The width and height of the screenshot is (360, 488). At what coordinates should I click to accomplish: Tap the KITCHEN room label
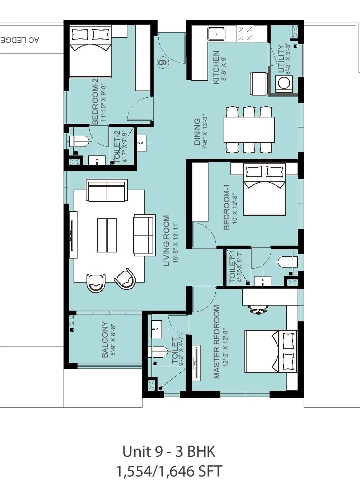click(216, 68)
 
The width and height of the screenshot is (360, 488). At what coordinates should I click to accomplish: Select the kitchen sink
click(216, 34)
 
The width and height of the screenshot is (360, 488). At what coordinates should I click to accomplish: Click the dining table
click(249, 130)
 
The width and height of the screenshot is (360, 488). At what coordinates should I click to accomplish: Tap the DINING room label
click(197, 132)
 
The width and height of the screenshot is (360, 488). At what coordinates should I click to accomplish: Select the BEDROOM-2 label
click(95, 104)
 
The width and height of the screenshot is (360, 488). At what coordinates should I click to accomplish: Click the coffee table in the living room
click(107, 235)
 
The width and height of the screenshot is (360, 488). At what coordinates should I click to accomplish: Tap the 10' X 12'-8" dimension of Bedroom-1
click(235, 209)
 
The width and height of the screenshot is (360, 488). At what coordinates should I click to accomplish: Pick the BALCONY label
click(105, 339)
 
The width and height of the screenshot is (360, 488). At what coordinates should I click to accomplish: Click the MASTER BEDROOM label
click(216, 341)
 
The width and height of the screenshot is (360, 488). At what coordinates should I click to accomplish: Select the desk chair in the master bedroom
click(258, 308)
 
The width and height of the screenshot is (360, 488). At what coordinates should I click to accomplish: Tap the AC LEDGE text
click(20, 40)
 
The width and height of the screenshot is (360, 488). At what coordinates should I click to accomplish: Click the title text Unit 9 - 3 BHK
click(169, 451)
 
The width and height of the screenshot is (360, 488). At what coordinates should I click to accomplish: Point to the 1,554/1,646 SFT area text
click(169, 471)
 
